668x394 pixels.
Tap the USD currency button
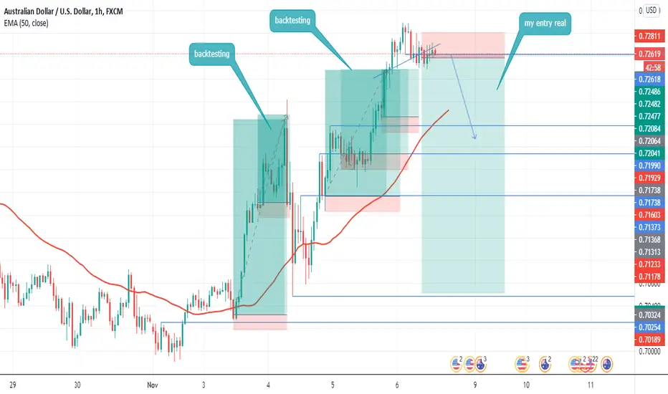pyautogui.click(x=651, y=10)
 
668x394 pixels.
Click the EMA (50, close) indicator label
pyautogui.click(x=34, y=23)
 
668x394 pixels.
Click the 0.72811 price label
pyautogui.click(x=650, y=35)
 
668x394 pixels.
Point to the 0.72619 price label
pyautogui.click(x=650, y=54)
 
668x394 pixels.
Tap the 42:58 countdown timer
pyautogui.click(x=651, y=66)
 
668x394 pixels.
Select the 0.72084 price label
pyautogui.click(x=650, y=128)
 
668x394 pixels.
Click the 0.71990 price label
pyautogui.click(x=650, y=165)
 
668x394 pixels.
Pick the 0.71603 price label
pyautogui.click(x=650, y=214)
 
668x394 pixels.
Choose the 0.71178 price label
pyautogui.click(x=650, y=277)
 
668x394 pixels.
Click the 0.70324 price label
pyautogui.click(x=650, y=314)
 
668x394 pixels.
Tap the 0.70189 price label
pyautogui.click(x=650, y=339)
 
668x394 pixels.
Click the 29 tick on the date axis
pyautogui.click(x=14, y=385)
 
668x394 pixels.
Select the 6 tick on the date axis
pyautogui.click(x=396, y=385)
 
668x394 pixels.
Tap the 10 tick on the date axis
pyautogui.click(x=526, y=385)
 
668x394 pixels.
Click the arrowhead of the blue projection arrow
pyautogui.click(x=474, y=138)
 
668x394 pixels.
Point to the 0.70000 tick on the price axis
pyautogui.click(x=650, y=352)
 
